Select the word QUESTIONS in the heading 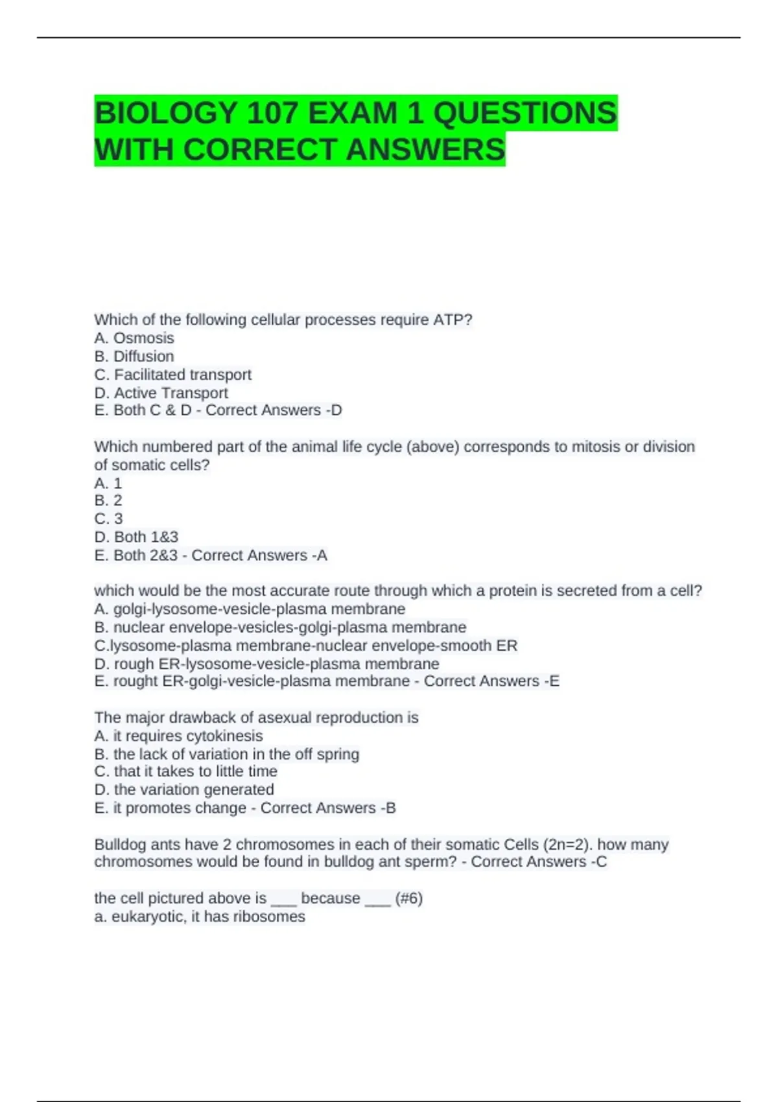(525, 113)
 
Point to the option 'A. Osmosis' (134, 338)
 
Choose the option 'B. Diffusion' (134, 356)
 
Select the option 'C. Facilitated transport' (173, 375)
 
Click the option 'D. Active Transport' (161, 393)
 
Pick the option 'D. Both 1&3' (136, 537)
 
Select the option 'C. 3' (108, 519)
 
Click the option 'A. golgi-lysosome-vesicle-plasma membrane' (250, 609)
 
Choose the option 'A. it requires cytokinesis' (178, 736)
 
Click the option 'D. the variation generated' (184, 790)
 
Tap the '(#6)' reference (408, 898)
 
